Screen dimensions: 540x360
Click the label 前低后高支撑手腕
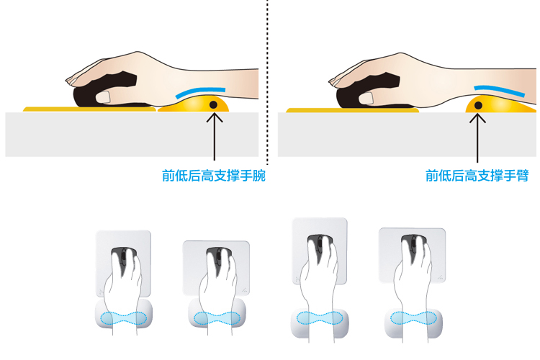pos(214,176)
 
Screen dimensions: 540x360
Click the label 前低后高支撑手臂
pos(477,176)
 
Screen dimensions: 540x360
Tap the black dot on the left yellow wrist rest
pos(214,104)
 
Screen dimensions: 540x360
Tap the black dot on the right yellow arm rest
pos(478,105)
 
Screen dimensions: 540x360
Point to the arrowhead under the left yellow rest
pos(215,117)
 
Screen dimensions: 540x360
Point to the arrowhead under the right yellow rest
pos(477,118)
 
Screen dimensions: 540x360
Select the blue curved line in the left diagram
pos(199,91)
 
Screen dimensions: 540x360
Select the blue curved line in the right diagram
pos(500,90)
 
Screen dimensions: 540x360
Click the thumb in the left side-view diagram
pos(103,96)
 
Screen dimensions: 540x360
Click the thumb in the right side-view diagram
pos(366,98)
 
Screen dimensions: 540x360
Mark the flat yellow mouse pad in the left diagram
pos(89,109)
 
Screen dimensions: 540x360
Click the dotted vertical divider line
pos(267,82)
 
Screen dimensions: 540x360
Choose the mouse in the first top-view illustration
pos(123,262)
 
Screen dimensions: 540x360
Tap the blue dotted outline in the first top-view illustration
pos(123,318)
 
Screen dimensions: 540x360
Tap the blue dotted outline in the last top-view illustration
pos(413,318)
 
